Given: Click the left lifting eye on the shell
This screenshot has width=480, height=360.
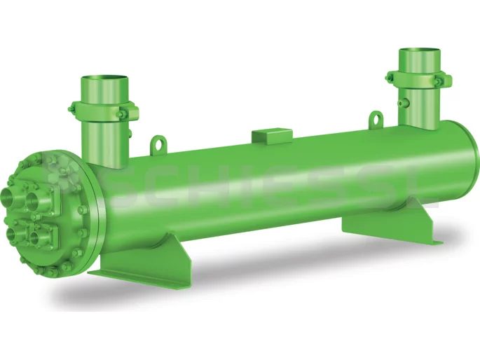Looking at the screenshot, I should [161, 144].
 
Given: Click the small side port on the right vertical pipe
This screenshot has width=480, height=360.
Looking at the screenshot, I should [402, 103].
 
